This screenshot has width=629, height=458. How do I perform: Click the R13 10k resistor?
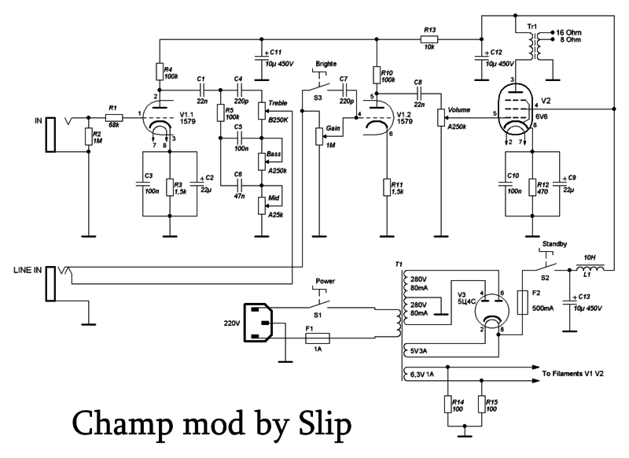tap(429, 39)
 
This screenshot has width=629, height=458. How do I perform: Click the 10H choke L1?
tap(591, 270)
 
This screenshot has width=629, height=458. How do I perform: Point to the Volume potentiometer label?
tap(458, 110)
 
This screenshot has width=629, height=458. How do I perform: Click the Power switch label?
tap(326, 280)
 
